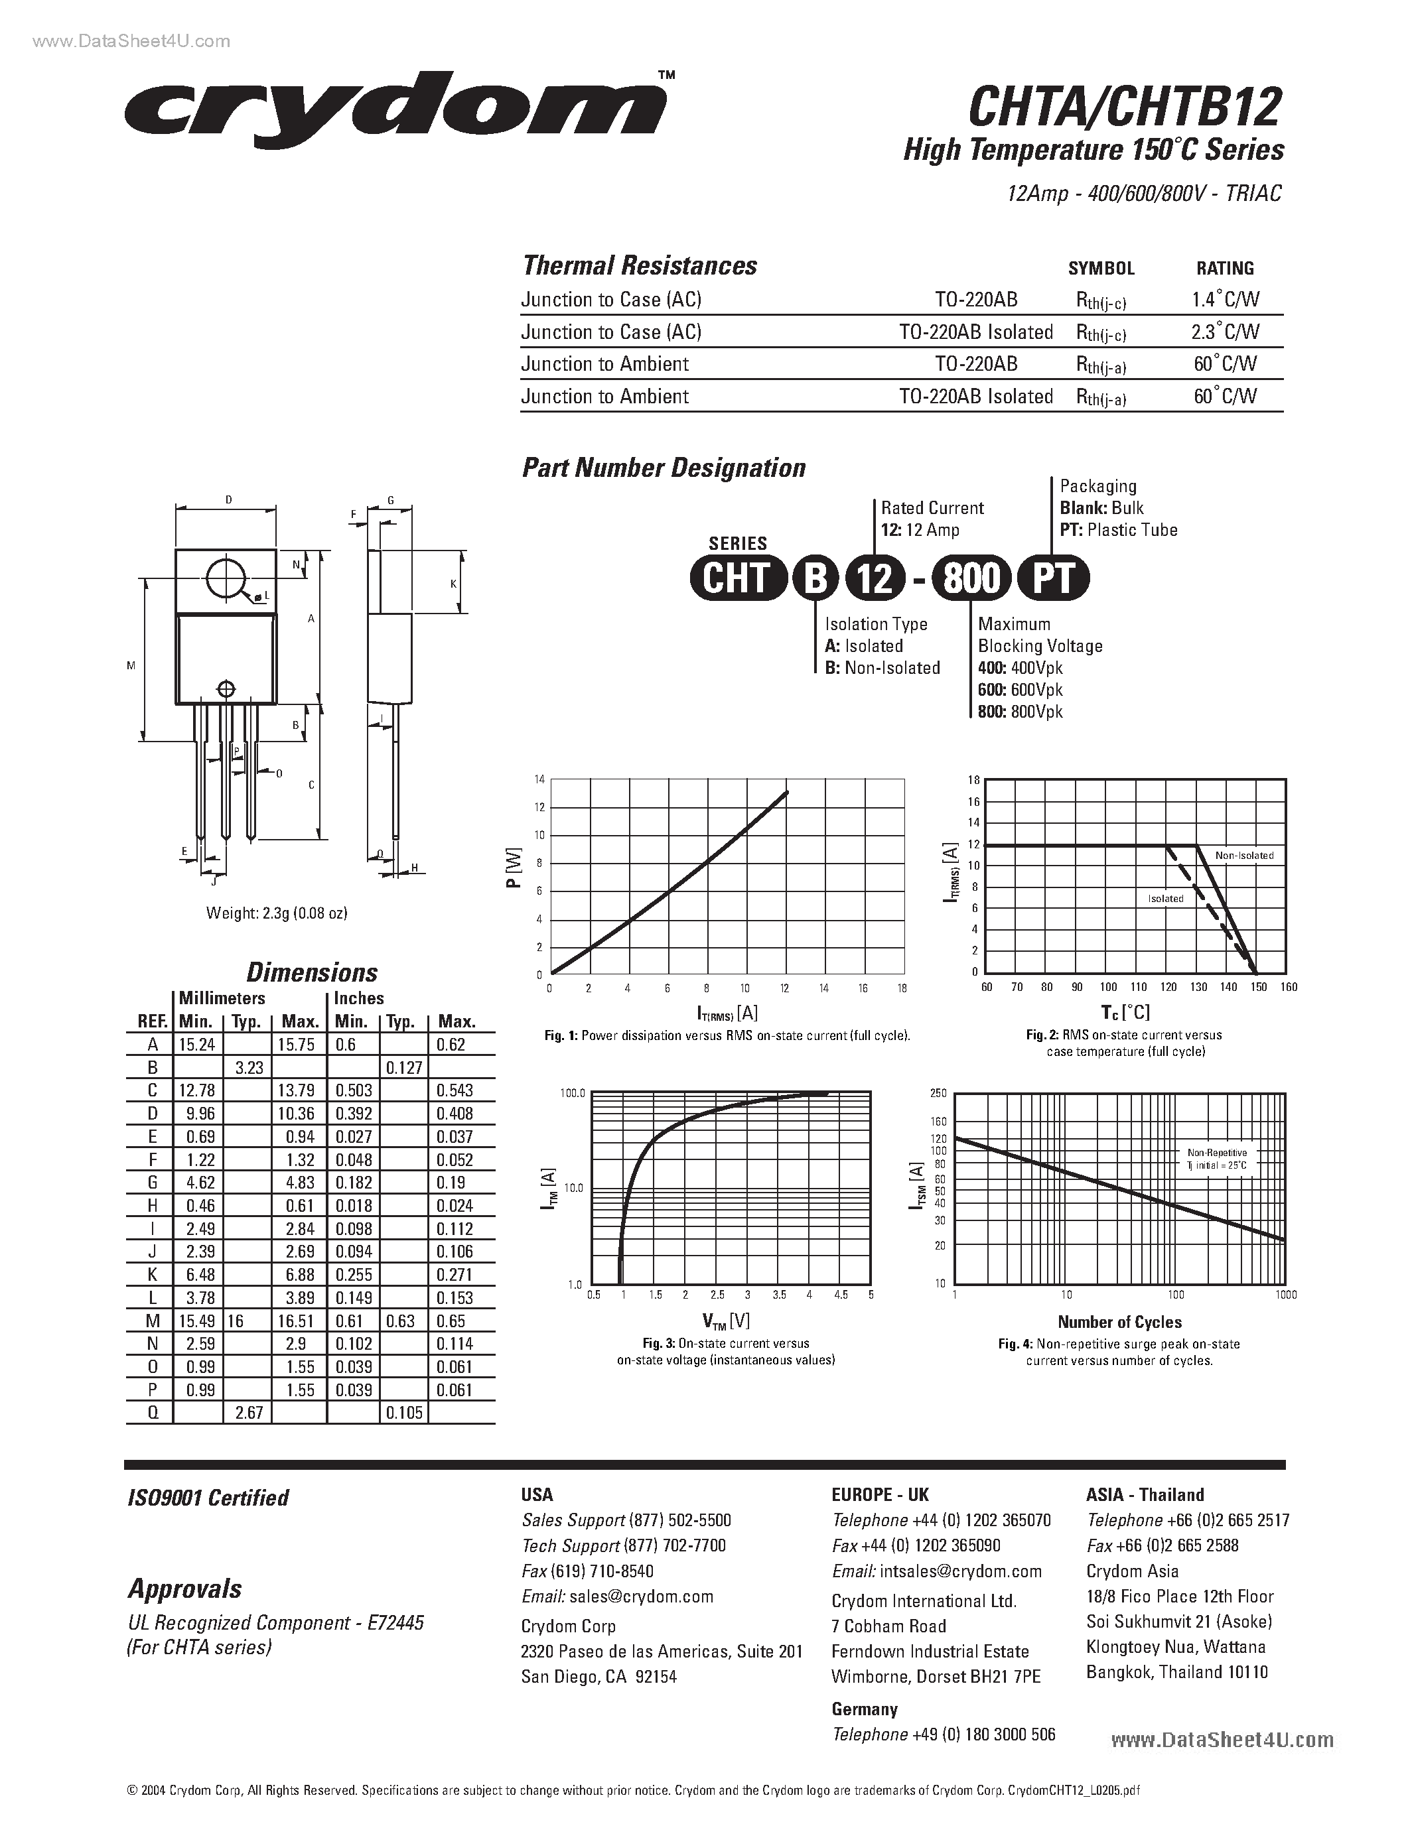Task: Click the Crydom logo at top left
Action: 397,111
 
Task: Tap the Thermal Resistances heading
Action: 639,265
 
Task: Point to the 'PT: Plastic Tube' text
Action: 1119,529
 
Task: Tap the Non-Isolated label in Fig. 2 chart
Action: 1243,855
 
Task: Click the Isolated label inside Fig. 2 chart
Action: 1165,899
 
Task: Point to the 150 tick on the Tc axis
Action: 1258,987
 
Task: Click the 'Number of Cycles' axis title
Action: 1119,1322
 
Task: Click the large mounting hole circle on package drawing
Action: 226,577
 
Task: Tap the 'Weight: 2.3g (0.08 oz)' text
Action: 277,913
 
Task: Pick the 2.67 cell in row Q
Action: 248,1412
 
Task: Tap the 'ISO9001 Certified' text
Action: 208,1498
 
